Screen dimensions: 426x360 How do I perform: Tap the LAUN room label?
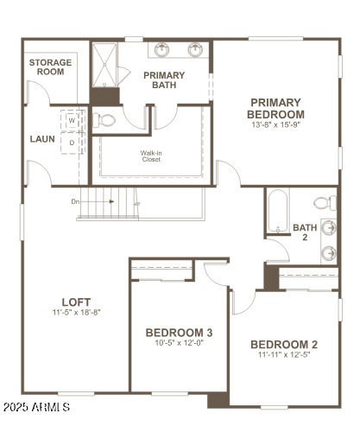(42, 138)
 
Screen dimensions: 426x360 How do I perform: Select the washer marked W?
(72, 119)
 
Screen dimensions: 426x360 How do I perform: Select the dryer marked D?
(72, 141)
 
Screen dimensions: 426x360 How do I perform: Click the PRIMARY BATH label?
(164, 79)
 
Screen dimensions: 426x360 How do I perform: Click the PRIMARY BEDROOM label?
(275, 107)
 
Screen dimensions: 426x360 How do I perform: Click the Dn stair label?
(76, 201)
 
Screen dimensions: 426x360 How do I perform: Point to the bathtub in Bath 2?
(278, 213)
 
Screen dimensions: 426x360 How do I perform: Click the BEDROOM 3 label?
(179, 333)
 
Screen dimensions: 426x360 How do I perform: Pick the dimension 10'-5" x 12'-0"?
(179, 343)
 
